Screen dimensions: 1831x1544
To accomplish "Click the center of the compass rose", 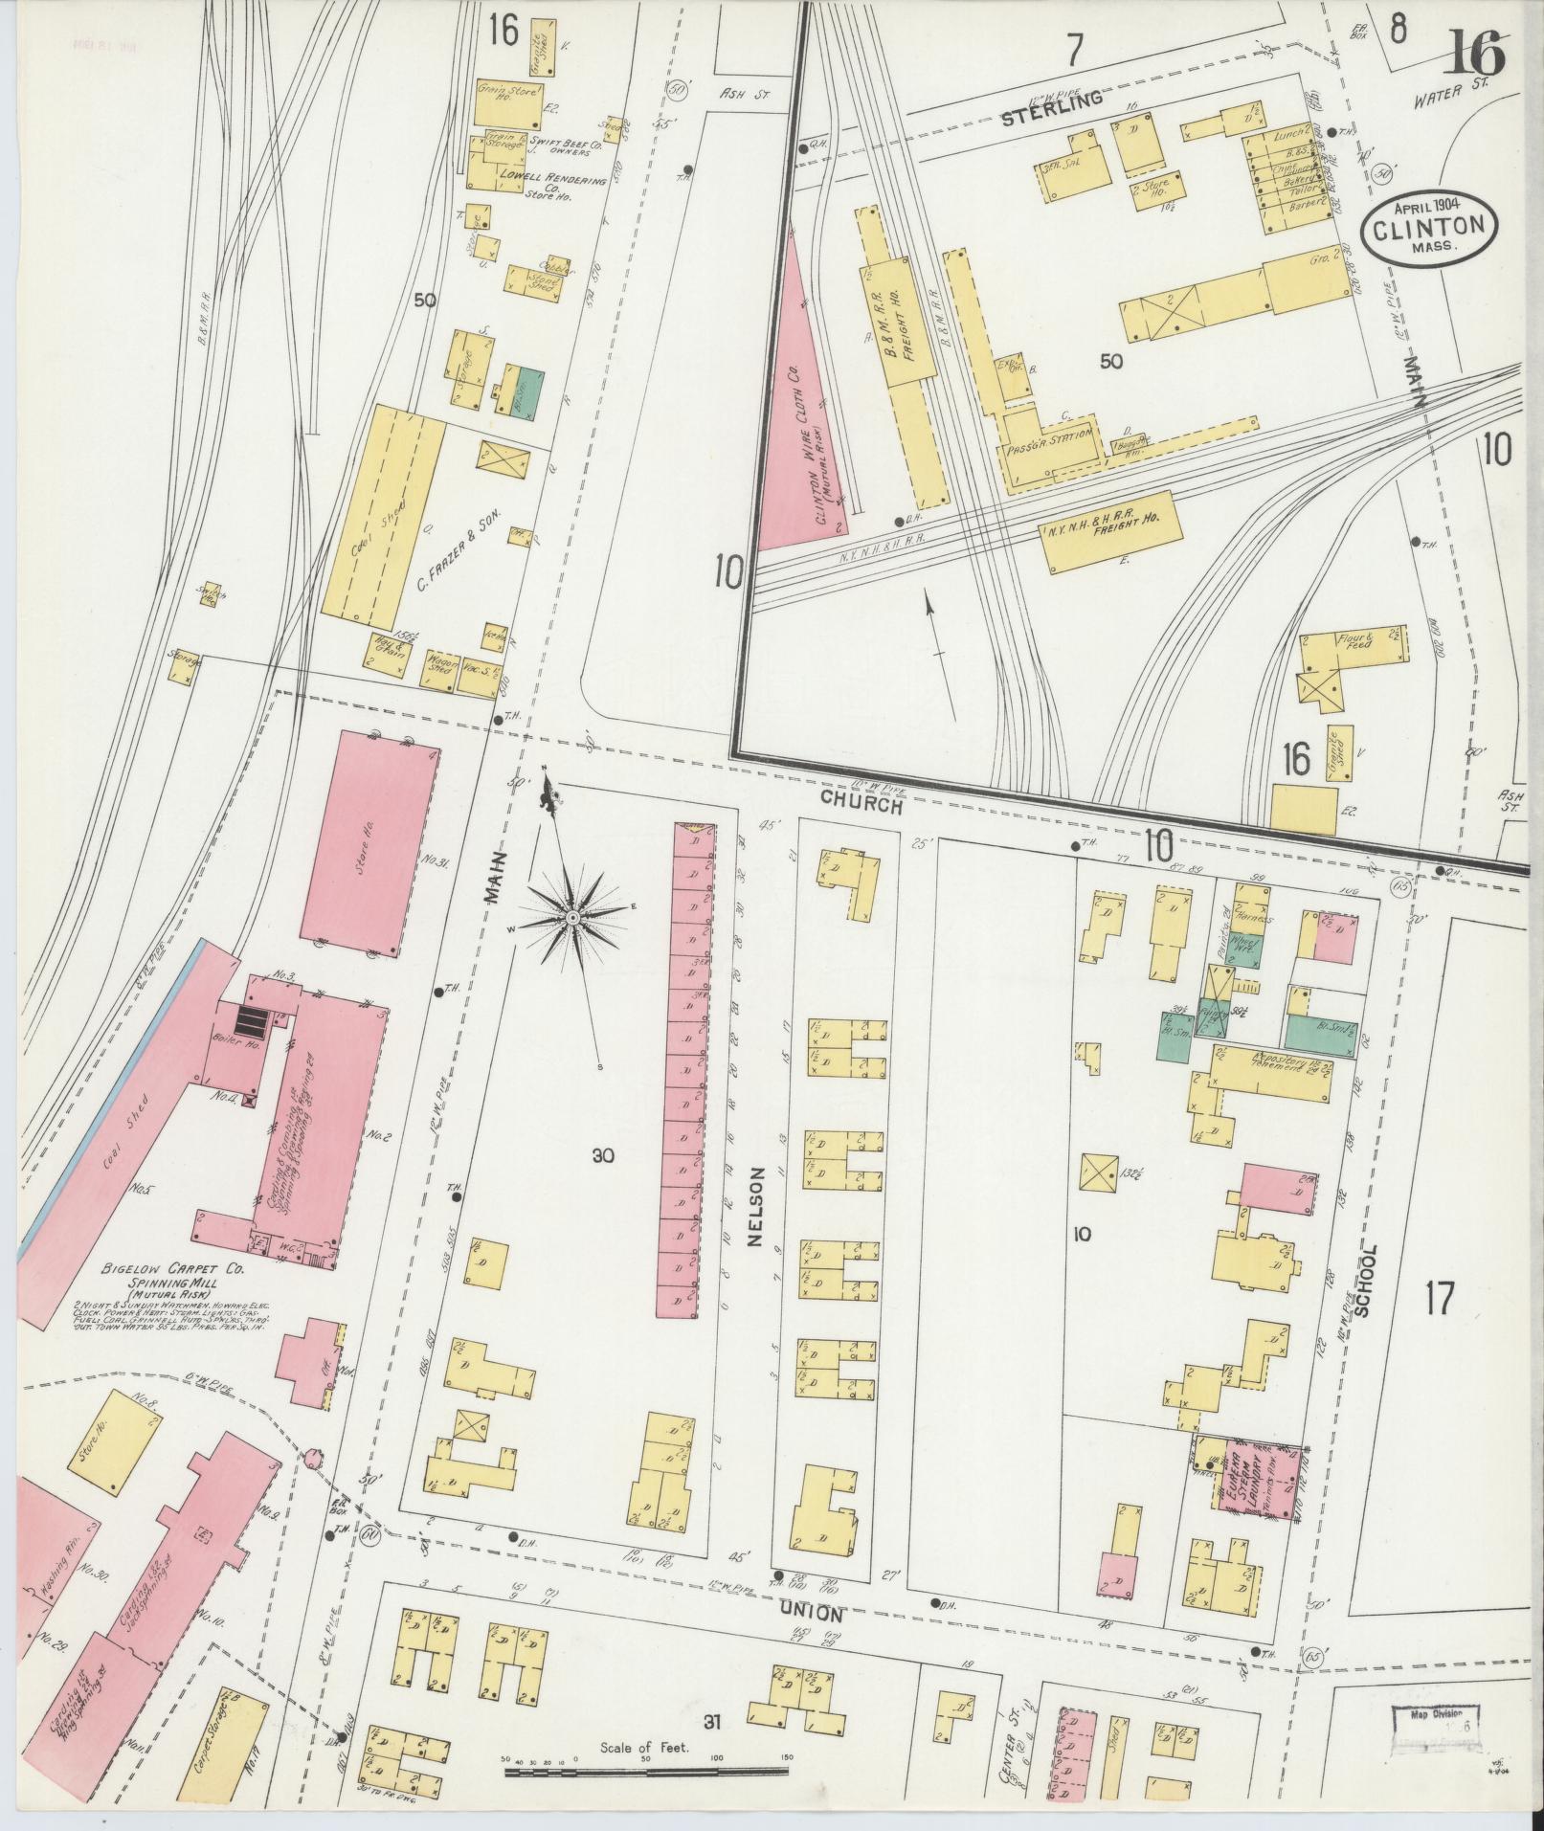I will click(x=571, y=918).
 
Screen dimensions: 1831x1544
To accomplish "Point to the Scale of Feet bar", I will click(x=647, y=1771).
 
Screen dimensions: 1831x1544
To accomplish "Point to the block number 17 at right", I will click(x=1439, y=1300).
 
